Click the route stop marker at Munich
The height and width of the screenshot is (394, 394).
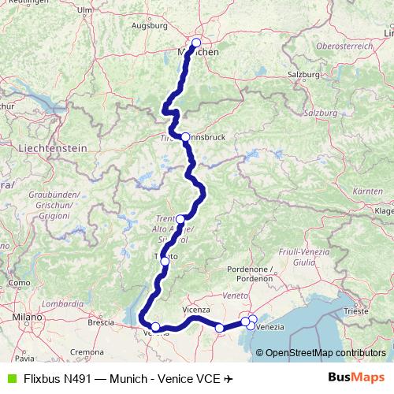pos(196,43)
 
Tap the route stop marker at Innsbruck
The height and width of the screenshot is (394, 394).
pos(185,136)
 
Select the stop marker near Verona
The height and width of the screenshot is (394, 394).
pos(155,327)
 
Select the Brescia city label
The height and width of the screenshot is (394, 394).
pos(101,322)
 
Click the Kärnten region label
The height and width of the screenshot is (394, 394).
pos(367,191)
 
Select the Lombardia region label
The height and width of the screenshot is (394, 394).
pos(63,303)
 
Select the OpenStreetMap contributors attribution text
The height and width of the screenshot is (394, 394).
pos(325,352)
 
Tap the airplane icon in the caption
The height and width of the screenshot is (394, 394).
pos(229,378)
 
